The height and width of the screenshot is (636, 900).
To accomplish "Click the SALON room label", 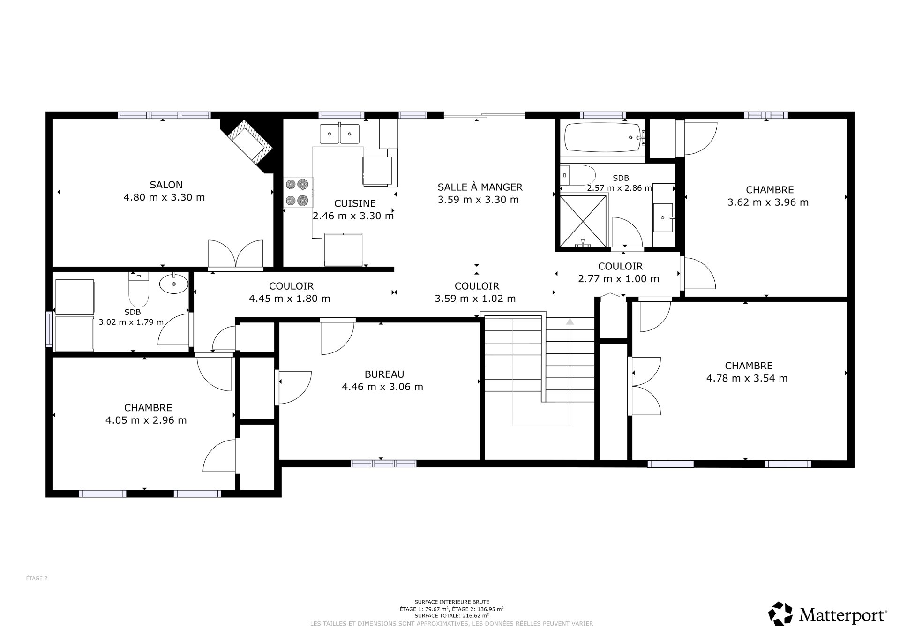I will (166, 185).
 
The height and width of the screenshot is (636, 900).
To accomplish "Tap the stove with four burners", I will (298, 193).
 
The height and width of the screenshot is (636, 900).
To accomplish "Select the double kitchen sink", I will (339, 134).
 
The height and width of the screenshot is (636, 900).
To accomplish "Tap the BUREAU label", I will (384, 374).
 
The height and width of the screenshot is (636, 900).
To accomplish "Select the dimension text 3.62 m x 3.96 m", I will (768, 202).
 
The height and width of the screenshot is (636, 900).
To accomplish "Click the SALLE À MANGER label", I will (480, 187).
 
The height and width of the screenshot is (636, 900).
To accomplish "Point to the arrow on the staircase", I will (570, 322).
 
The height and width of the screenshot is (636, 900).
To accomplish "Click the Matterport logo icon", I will (780, 614).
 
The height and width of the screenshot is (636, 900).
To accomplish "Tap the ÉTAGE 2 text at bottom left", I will (37, 578).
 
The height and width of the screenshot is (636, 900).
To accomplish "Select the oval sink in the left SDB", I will (174, 284).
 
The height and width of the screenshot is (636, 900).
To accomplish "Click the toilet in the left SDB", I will (139, 289).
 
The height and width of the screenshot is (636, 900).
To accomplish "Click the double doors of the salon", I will (236, 254).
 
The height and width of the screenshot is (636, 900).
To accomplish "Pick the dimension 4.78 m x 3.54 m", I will (747, 378).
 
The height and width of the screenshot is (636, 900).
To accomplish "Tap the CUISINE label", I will (355, 203).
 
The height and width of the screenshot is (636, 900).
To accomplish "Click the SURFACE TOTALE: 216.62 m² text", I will (451, 615).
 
